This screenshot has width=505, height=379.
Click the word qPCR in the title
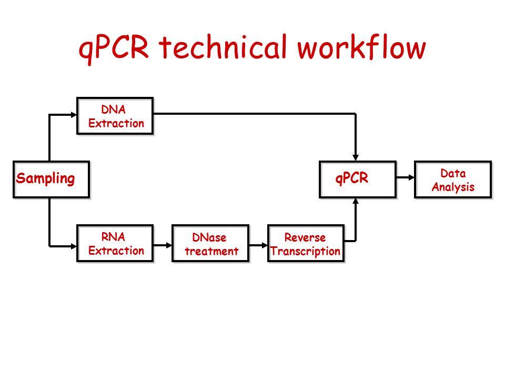(x=114, y=49)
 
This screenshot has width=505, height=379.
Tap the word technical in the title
(x=223, y=47)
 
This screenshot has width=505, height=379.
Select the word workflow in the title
(x=361, y=47)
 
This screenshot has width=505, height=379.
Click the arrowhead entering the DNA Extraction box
(x=74, y=114)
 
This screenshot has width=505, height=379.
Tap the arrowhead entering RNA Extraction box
(x=74, y=246)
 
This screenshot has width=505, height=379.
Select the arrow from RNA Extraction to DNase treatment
(x=163, y=245)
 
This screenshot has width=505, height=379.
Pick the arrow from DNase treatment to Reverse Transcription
(x=258, y=245)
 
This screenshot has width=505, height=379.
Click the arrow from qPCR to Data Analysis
(x=406, y=177)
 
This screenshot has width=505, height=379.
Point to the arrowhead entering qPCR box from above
(x=356, y=157)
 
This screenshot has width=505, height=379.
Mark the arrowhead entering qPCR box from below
(x=356, y=202)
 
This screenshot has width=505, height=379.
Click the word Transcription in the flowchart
(x=306, y=251)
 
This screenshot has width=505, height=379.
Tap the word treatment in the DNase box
(x=211, y=251)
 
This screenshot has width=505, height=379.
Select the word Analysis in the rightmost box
(x=453, y=187)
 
